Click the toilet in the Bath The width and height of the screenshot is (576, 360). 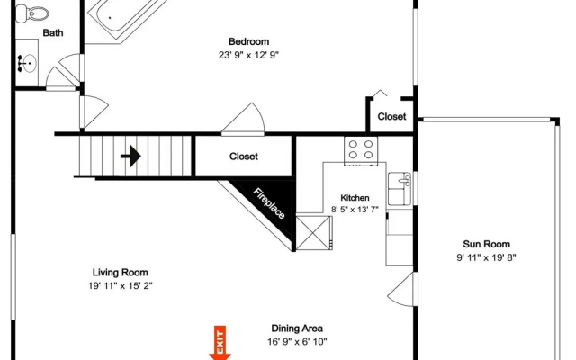pyautogui.click(x=32, y=13)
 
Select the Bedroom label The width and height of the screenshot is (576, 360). pyautogui.click(x=248, y=41)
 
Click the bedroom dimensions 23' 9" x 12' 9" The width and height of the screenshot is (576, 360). pyautogui.click(x=248, y=55)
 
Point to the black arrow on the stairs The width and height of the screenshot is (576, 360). pyautogui.click(x=130, y=156)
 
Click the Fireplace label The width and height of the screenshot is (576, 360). pyautogui.click(x=269, y=203)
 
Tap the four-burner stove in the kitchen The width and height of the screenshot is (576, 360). pyautogui.click(x=361, y=150)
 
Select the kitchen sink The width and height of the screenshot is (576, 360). pyautogui.click(x=400, y=189)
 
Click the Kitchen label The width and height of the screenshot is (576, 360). pyautogui.click(x=355, y=198)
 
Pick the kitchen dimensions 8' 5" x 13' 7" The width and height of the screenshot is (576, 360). pyautogui.click(x=355, y=210)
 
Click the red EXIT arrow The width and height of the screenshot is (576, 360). pyautogui.click(x=220, y=343)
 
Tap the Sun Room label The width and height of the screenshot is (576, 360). pyautogui.click(x=486, y=244)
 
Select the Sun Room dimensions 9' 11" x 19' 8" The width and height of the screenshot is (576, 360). pyautogui.click(x=486, y=257)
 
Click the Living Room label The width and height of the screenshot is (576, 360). pyautogui.click(x=120, y=273)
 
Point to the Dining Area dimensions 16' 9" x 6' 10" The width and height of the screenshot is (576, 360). pyautogui.click(x=297, y=342)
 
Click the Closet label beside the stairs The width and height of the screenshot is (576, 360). pyautogui.click(x=244, y=157)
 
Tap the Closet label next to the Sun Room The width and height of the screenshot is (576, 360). pyautogui.click(x=392, y=117)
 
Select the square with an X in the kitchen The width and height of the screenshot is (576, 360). pyautogui.click(x=314, y=233)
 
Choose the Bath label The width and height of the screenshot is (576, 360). pyautogui.click(x=53, y=33)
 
